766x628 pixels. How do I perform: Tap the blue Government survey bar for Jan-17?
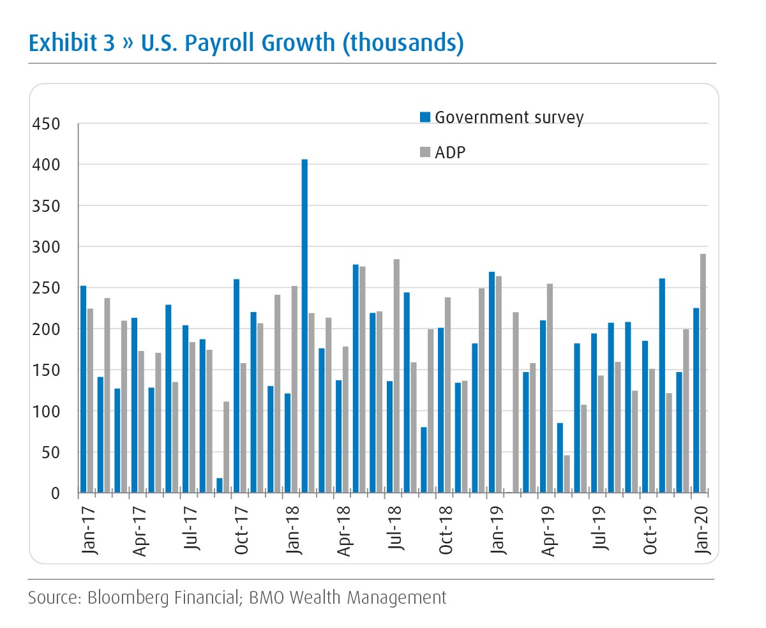83,389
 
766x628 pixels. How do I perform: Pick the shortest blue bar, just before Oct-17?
220,486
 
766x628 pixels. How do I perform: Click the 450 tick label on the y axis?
45,124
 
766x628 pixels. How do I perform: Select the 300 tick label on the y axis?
45,247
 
